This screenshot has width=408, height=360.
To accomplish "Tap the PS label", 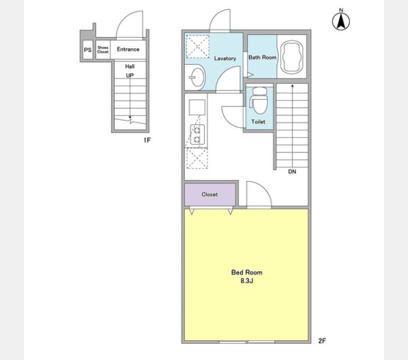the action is pyautogui.click(x=88, y=50).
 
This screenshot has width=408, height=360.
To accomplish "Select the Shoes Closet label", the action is pyautogui.click(x=103, y=49).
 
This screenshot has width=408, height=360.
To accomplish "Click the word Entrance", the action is pyautogui.click(x=128, y=49).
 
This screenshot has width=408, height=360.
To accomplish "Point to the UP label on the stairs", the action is pyautogui.click(x=130, y=76).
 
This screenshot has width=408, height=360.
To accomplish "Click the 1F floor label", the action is pyautogui.click(x=147, y=140).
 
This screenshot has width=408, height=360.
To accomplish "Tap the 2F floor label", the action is pyautogui.click(x=322, y=341).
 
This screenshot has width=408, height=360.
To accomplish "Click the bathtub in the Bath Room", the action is pyautogui.click(x=292, y=56).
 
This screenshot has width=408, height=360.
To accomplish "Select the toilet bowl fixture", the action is pyautogui.click(x=259, y=100).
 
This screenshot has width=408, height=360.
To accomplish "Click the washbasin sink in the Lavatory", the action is pyautogui.click(x=197, y=77).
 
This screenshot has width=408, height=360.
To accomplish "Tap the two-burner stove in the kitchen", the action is pyautogui.click(x=197, y=134).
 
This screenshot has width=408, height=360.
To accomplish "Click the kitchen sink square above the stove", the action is pyautogui.click(x=197, y=107).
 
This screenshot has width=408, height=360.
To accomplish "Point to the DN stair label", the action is pyautogui.click(x=292, y=172).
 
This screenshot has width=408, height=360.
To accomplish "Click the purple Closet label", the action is pyautogui.click(x=210, y=194).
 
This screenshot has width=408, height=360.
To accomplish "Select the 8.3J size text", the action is pyautogui.click(x=247, y=281).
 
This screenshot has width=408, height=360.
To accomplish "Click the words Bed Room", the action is pyautogui.click(x=247, y=272).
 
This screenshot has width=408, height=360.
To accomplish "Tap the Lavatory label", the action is pyautogui.click(x=225, y=59).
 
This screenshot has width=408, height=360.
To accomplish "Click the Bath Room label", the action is pyautogui.click(x=262, y=57).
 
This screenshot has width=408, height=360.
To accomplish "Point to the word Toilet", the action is pyautogui.click(x=259, y=121).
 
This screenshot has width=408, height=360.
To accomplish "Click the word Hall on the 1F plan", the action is pyautogui.click(x=130, y=67).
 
